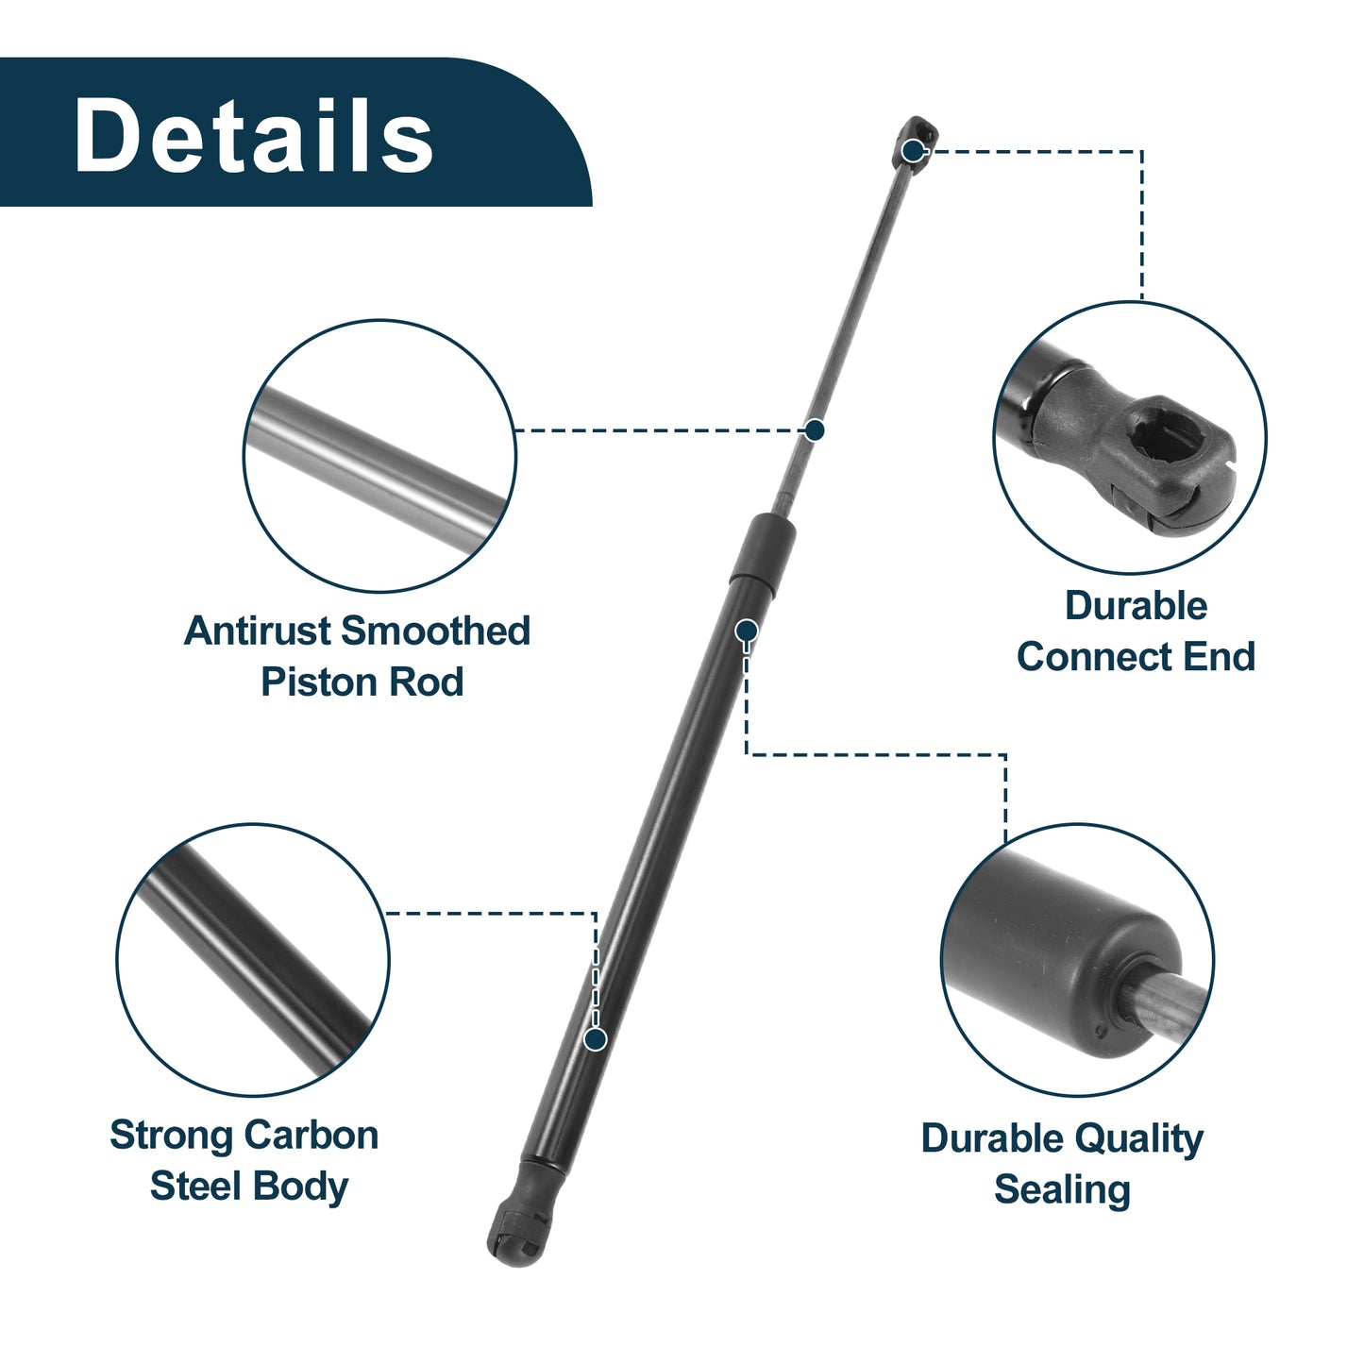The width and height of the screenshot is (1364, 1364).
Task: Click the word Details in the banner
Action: click(253, 134)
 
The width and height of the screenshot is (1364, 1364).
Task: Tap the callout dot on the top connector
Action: click(914, 150)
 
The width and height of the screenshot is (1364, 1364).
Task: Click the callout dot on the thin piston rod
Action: click(815, 429)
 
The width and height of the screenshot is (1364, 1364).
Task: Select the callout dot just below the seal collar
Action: click(747, 630)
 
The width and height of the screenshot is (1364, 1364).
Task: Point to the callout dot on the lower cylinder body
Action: click(596, 1039)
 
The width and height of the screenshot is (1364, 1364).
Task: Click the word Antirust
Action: click(259, 631)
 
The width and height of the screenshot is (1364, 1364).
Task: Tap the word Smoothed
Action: click(436, 631)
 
